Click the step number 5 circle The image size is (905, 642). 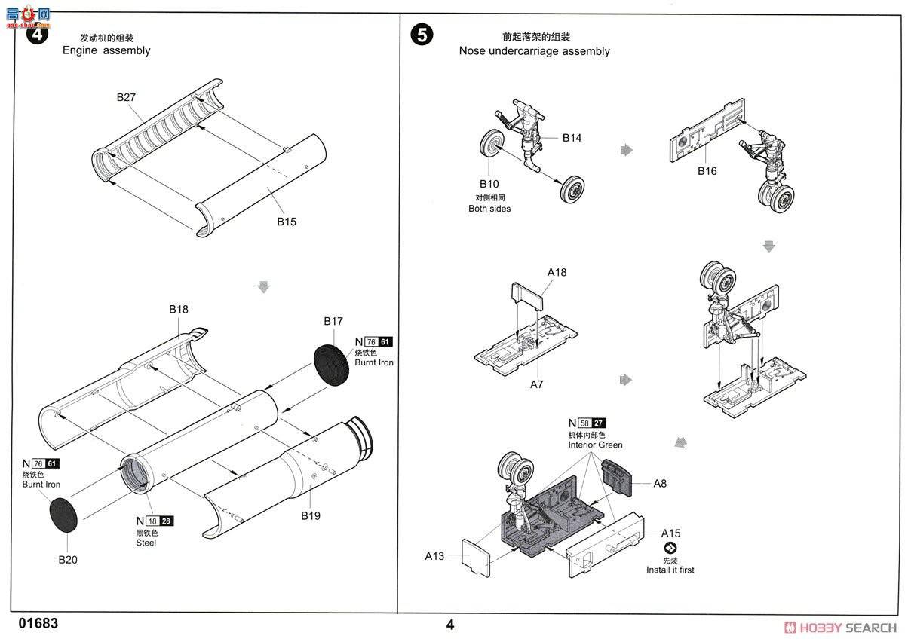point(422,35)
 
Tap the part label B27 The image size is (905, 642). point(126,97)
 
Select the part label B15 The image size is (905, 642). point(287,222)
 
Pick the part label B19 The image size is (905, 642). point(311,515)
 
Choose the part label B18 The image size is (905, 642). point(179,309)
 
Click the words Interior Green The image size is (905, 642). point(595,445)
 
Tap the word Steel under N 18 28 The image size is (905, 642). point(146,543)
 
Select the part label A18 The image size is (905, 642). point(557,272)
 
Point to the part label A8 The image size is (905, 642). point(660,483)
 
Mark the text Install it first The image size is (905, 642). point(670,570)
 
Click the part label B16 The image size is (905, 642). point(707,171)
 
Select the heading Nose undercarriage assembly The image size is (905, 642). point(534,51)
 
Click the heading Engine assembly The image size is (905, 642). point(106,50)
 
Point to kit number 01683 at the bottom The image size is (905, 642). point(38,624)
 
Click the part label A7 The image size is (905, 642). point(536,384)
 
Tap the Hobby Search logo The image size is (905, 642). point(840,628)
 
